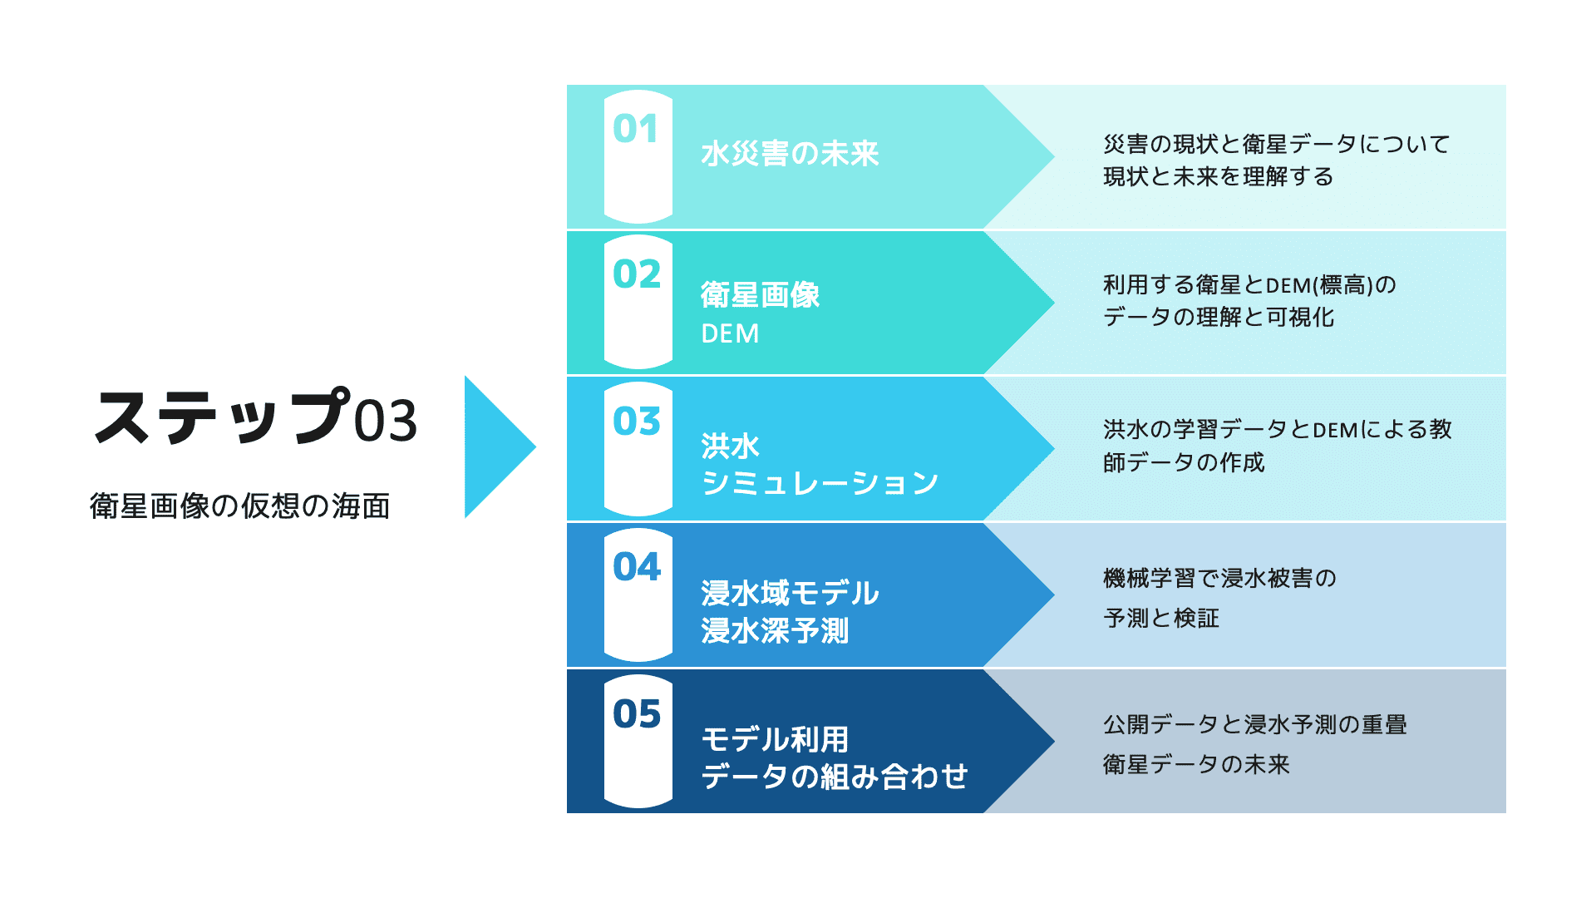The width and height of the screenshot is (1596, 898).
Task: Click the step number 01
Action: [x=636, y=129]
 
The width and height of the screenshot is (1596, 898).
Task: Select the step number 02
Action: [x=637, y=274]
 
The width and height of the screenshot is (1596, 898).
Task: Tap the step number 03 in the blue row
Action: [x=637, y=422]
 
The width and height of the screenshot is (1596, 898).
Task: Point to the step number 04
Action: [x=637, y=567]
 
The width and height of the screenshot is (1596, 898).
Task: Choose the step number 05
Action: [x=637, y=713]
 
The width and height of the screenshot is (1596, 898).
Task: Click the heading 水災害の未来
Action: [x=790, y=154]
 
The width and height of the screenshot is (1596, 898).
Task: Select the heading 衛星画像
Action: [x=760, y=295]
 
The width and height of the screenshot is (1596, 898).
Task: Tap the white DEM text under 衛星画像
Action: [x=730, y=333]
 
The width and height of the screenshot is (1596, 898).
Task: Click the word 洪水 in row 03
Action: [x=730, y=447]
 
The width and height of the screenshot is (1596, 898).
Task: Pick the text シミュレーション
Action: [x=820, y=483]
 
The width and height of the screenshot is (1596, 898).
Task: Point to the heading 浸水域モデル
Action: [x=790, y=593]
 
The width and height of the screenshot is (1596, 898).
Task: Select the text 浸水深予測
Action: [x=775, y=630]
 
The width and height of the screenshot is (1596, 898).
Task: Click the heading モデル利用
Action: [x=775, y=739]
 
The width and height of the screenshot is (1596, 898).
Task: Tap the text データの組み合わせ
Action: [x=835, y=777]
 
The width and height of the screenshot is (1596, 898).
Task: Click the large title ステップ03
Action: [x=255, y=417]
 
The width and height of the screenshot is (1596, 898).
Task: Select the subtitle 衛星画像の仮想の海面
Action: [x=239, y=506]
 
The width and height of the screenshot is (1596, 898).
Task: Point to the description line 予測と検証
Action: [x=1161, y=618]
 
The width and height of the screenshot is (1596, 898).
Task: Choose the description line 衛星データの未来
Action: [x=1196, y=764]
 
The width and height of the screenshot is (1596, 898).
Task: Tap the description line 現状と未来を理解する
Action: [x=1219, y=176]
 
